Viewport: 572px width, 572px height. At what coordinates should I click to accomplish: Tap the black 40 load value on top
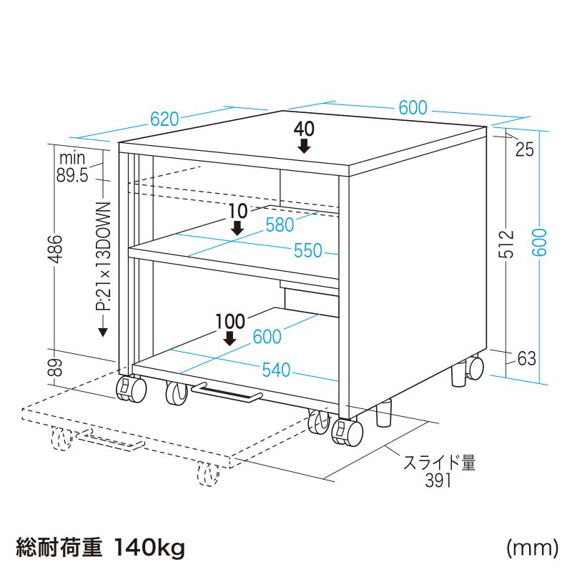[304, 129]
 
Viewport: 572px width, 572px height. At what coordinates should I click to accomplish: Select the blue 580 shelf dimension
[280, 225]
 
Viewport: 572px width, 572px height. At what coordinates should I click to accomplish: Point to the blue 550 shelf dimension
[307, 251]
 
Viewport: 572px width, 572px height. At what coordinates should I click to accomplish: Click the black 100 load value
[230, 321]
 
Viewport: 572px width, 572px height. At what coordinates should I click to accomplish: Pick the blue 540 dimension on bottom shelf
[276, 370]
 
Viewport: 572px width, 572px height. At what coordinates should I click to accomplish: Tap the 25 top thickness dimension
[524, 149]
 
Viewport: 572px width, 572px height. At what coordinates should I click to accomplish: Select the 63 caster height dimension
[526, 359]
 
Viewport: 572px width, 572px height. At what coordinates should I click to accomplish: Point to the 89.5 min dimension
[72, 174]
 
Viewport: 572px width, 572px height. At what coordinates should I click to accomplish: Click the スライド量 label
[439, 463]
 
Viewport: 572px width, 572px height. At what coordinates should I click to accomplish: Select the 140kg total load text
[149, 548]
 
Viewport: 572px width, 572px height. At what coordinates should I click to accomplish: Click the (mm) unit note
[531, 548]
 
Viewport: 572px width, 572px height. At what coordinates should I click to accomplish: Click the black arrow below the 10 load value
[237, 227]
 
